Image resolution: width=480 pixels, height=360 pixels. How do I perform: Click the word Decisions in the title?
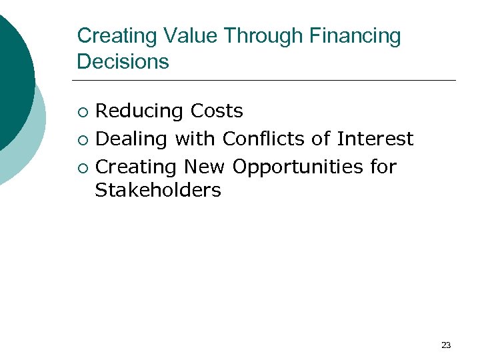[123, 61]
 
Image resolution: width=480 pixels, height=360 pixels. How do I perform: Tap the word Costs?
[217, 111]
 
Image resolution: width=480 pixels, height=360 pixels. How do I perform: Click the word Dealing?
[132, 139]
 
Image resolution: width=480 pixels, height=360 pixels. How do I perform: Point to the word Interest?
[375, 139]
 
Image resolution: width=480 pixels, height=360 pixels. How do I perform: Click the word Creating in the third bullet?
[137, 166]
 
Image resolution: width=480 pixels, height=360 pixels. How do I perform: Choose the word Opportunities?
[297, 167]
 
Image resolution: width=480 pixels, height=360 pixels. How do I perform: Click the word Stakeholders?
[158, 191]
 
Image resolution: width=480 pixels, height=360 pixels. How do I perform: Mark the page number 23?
[446, 345]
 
